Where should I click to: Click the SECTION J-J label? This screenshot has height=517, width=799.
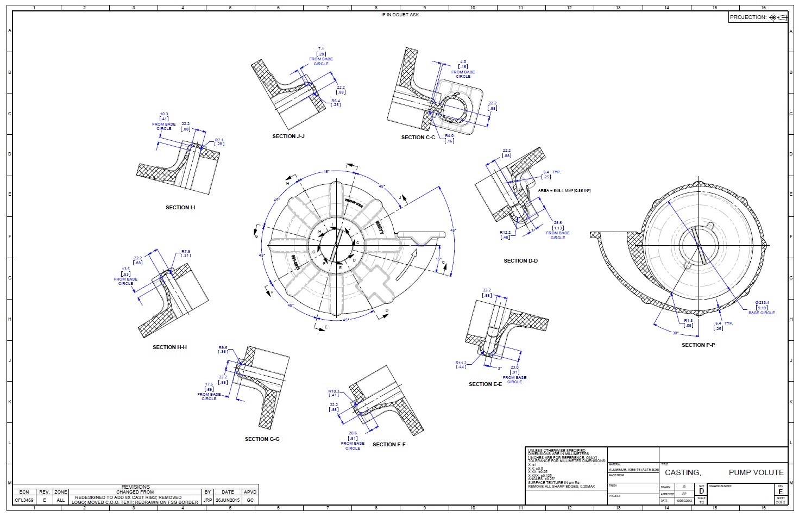point(288,136)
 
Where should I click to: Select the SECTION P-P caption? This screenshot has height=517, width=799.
point(698,345)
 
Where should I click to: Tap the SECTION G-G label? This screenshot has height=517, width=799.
point(262,439)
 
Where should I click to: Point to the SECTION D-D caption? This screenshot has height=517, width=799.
point(520,261)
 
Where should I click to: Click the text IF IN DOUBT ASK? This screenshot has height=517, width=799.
point(400,15)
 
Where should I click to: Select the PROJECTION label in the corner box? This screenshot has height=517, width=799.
point(747,17)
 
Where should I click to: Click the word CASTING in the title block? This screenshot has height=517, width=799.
point(683,472)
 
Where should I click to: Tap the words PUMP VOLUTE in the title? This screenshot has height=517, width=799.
point(756,472)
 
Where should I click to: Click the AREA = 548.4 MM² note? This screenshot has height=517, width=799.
point(564,191)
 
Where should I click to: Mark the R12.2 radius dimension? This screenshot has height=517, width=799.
point(505,232)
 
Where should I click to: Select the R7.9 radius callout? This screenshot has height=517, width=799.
point(186,251)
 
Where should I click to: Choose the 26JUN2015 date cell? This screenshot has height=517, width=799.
point(228,500)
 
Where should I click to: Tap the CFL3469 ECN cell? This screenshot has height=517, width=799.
point(24,500)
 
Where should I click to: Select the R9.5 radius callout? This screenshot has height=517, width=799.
point(223,347)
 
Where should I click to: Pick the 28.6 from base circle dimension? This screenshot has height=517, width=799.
point(558,223)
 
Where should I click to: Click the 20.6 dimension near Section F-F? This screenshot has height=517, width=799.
point(353,433)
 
